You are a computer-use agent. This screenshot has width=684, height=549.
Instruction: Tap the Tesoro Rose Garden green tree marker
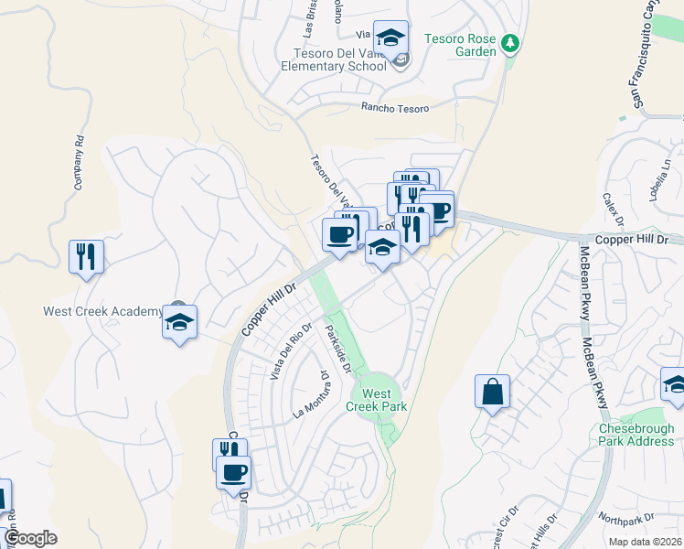pyautogui.click(x=510, y=43)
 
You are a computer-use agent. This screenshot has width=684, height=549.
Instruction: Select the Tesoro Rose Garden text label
pyautogui.click(x=460, y=45)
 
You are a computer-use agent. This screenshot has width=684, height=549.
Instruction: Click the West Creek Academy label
pyautogui.click(x=102, y=311)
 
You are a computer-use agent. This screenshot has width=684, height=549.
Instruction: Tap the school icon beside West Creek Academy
pyautogui.click(x=180, y=322)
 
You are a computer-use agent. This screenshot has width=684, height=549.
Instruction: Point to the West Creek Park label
pyautogui.click(x=376, y=399)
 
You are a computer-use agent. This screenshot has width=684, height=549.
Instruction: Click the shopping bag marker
pyautogui.click(x=492, y=392)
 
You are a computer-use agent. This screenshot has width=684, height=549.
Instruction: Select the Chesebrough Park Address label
pyautogui.click(x=636, y=435)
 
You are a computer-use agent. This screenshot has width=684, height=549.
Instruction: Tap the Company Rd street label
pyautogui.click(x=79, y=164)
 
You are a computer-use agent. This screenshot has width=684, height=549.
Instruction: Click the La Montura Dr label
pyautogui.click(x=310, y=394)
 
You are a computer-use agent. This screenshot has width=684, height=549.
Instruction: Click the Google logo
pyautogui.click(x=30, y=538)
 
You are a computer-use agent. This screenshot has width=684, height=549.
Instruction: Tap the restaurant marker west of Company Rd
pyautogui.click(x=87, y=256)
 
